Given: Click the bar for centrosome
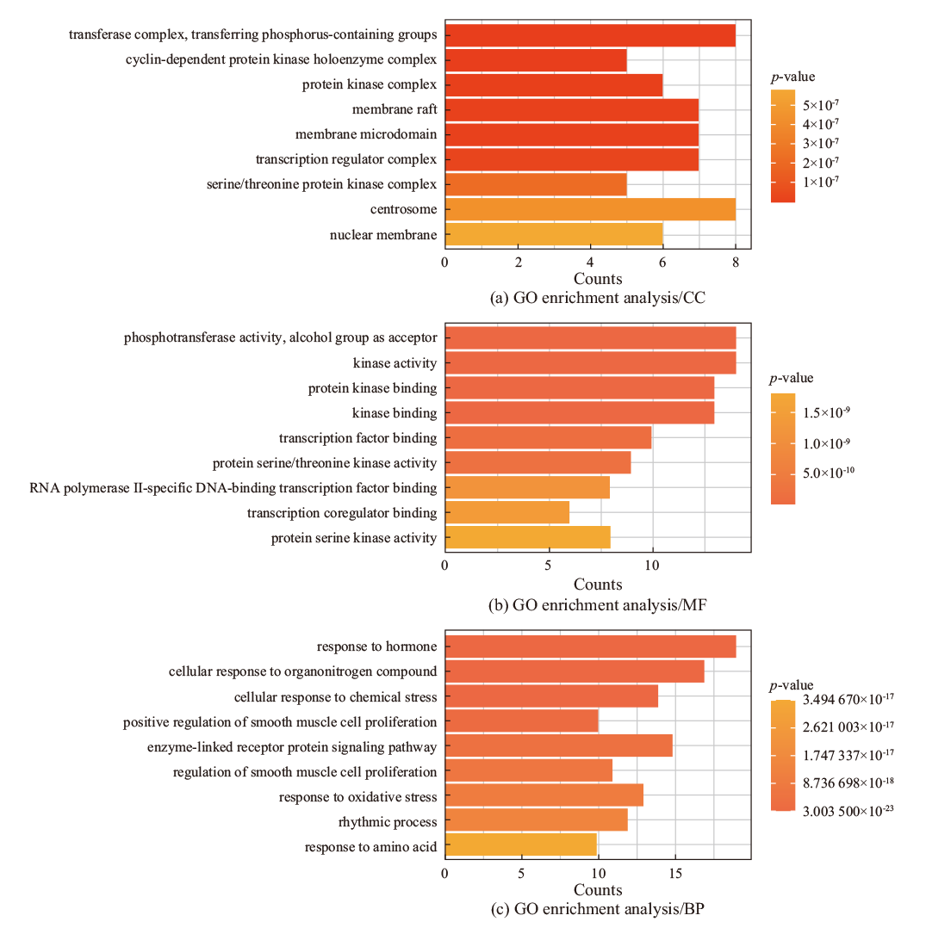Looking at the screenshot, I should pyautogui.click(x=590, y=209).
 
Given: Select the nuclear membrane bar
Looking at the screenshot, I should pyautogui.click(x=553, y=234).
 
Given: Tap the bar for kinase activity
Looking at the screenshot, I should pyautogui.click(x=590, y=363).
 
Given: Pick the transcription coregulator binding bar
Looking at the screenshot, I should pyautogui.click(x=507, y=513).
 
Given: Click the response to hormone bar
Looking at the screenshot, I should pyautogui.click(x=590, y=646).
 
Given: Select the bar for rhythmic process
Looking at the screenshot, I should pyautogui.click(x=536, y=822).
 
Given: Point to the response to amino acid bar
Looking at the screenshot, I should pyautogui.click(x=520, y=847).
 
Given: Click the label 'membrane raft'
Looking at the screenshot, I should pyautogui.click(x=395, y=109).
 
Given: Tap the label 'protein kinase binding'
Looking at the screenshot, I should pyautogui.click(x=372, y=388).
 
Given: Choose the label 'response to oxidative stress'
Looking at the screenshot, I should pyautogui.click(x=357, y=797).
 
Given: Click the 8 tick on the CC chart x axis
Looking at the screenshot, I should pyautogui.click(x=736, y=262).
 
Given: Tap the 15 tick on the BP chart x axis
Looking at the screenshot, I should pyautogui.click(x=674, y=873).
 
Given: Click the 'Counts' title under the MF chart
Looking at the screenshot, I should pyautogui.click(x=598, y=585).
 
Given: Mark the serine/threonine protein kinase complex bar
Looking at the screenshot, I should pyautogui.click(x=536, y=184).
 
